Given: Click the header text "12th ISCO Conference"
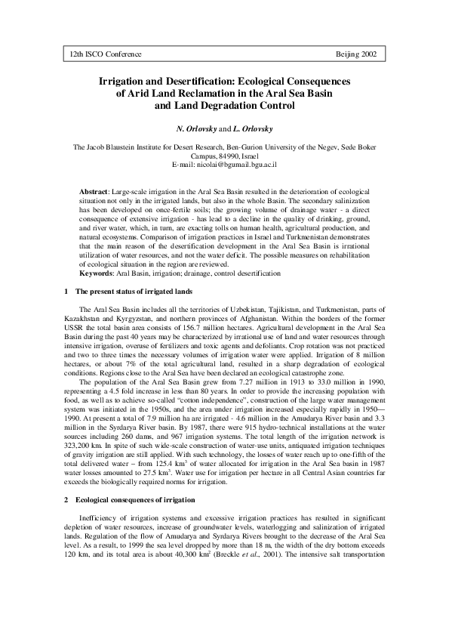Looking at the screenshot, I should (105, 57).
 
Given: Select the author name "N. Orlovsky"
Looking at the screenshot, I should (200, 128).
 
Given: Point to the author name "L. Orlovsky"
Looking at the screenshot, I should (254, 128).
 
